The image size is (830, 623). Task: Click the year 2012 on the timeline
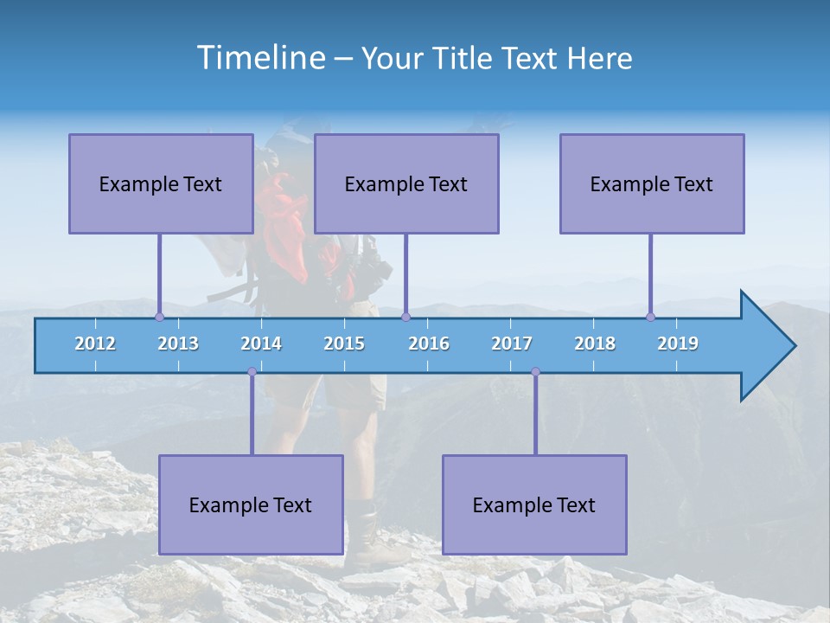click(x=95, y=344)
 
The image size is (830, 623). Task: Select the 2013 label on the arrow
click(x=178, y=344)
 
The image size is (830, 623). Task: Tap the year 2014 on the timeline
click(x=261, y=344)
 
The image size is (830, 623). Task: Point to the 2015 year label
click(x=344, y=344)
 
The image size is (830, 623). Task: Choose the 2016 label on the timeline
click(x=429, y=344)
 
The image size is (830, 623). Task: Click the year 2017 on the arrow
click(x=512, y=344)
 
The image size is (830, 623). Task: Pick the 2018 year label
click(x=595, y=344)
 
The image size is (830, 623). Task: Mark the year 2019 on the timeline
click(x=678, y=344)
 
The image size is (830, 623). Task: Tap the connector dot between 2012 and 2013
click(x=159, y=318)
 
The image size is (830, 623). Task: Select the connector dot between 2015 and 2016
click(x=405, y=318)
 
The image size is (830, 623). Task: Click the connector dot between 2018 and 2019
click(x=651, y=318)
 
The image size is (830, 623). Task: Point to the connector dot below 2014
click(x=252, y=371)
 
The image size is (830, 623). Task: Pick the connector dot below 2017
click(x=535, y=371)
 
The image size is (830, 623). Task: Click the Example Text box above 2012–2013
click(x=161, y=183)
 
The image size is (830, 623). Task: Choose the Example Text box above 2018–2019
click(x=652, y=183)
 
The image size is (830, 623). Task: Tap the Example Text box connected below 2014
click(x=251, y=504)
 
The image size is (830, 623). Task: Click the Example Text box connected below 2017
click(x=534, y=504)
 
